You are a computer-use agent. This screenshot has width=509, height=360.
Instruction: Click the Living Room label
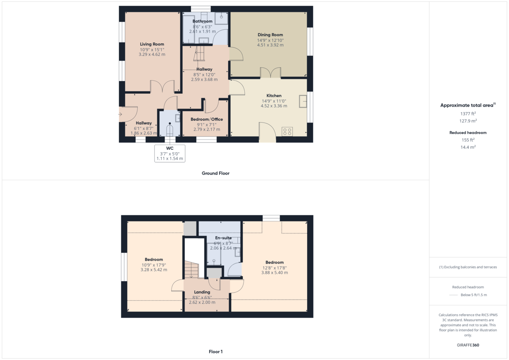click(152, 44)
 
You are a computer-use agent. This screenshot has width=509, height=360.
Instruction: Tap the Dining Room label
click(270, 35)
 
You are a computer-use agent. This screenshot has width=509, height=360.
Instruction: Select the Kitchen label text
click(274, 95)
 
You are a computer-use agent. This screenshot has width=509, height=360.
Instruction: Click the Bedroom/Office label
click(207, 119)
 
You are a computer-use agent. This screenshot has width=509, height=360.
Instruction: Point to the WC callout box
click(170, 153)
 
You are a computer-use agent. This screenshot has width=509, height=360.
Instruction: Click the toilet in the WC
click(170, 129)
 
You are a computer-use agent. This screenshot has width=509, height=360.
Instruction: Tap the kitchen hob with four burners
click(287, 131)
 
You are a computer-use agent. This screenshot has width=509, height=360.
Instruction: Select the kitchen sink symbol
click(303, 102)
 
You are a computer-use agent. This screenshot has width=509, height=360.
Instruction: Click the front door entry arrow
click(120, 114)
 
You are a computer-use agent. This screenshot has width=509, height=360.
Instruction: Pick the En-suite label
click(223, 238)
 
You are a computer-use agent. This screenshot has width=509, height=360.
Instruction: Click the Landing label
click(202, 292)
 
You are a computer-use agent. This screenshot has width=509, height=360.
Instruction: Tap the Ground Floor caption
click(215, 173)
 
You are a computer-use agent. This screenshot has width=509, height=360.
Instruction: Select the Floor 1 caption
click(215, 352)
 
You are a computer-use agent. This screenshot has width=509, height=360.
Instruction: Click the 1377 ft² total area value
click(468, 114)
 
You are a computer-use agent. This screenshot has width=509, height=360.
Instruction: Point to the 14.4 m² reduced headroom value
click(468, 147)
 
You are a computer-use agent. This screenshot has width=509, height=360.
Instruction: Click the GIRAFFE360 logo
click(468, 345)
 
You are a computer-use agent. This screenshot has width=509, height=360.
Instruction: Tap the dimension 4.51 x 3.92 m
click(270, 45)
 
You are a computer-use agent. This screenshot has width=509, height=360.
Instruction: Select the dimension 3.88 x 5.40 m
click(274, 273)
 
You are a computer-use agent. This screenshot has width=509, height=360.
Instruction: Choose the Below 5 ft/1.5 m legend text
click(474, 295)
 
